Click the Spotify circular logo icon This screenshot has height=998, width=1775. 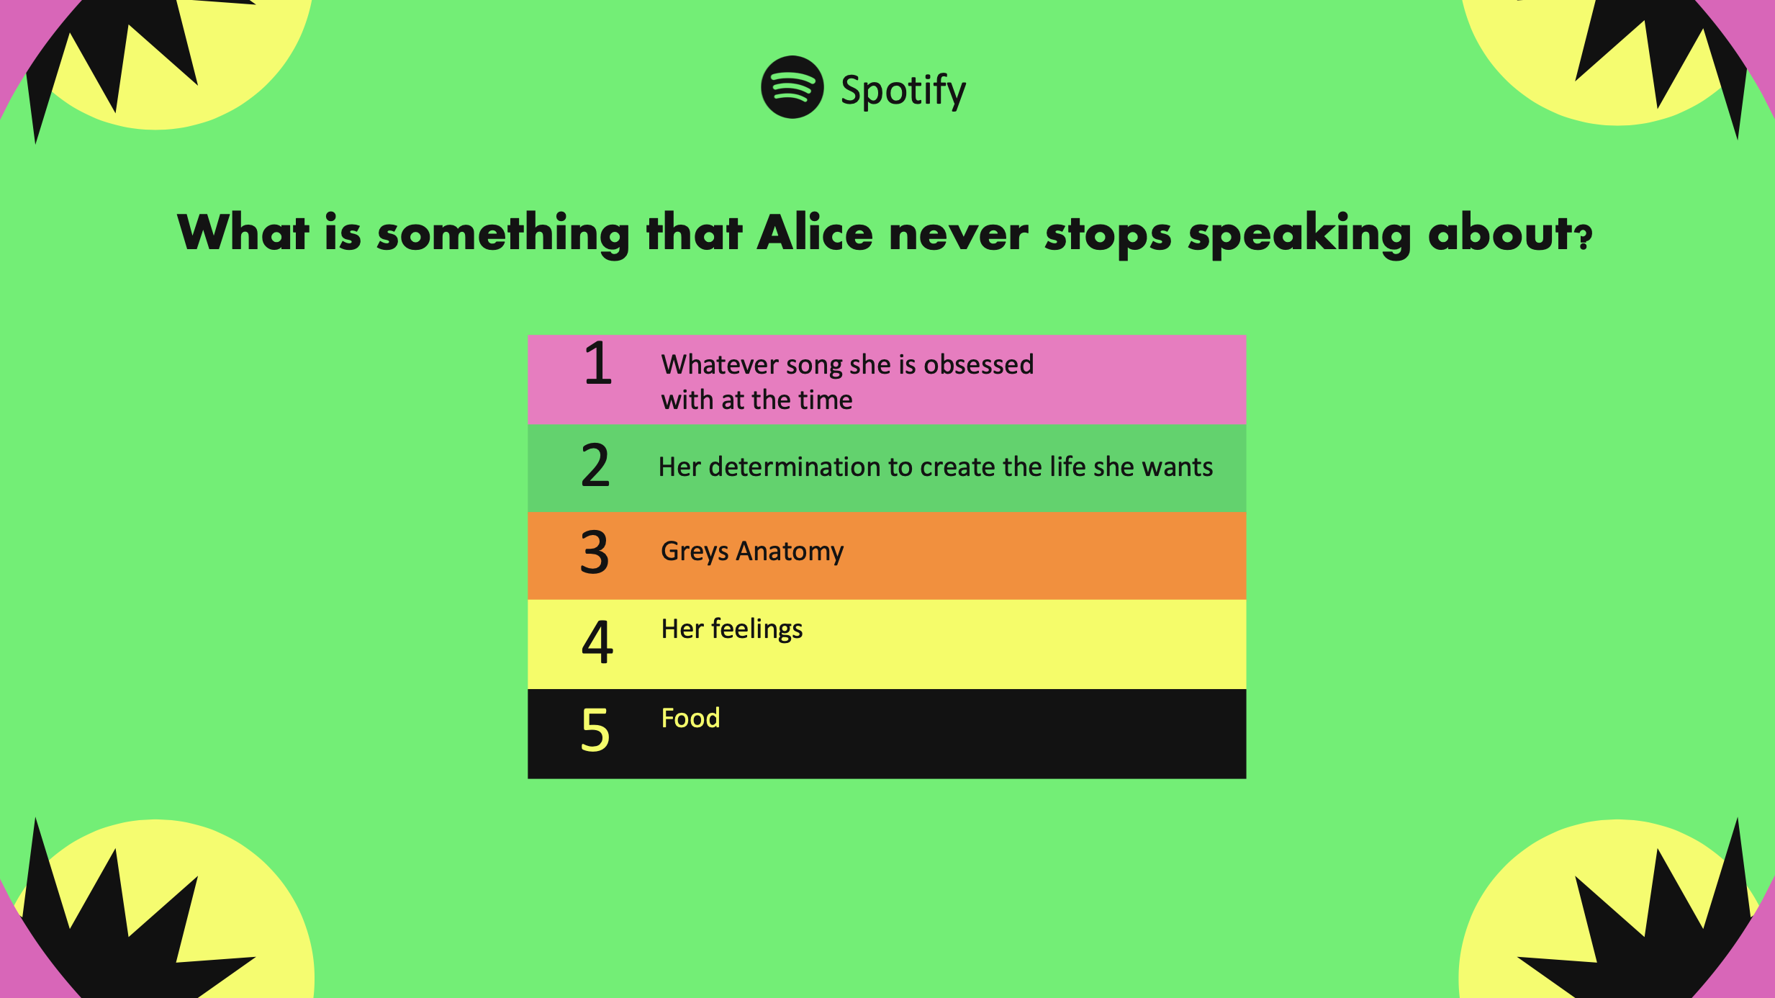(x=792, y=87)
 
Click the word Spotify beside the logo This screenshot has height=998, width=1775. (x=903, y=91)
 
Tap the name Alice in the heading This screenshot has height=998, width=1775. (x=815, y=233)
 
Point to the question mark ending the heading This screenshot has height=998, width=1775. (x=1584, y=237)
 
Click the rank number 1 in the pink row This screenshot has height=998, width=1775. (x=598, y=364)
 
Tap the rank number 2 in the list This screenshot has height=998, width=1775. (x=595, y=465)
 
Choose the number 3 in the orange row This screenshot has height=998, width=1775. (x=595, y=552)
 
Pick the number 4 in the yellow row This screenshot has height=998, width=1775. (x=597, y=642)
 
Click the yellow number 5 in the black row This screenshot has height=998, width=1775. (x=595, y=729)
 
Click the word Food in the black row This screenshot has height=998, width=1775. (x=690, y=718)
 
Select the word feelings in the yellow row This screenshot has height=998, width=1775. (x=756, y=629)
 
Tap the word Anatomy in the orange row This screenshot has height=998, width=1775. (x=790, y=552)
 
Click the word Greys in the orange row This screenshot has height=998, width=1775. (x=695, y=552)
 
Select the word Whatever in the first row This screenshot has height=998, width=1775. (x=720, y=364)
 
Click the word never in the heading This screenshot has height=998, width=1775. (x=958, y=235)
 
